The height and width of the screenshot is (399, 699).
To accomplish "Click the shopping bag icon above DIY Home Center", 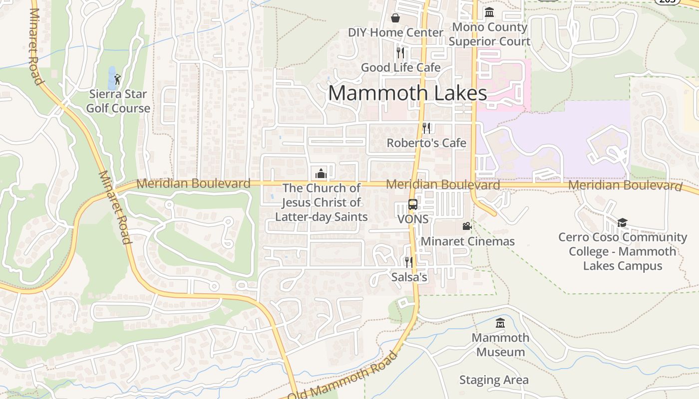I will pyautogui.click(x=395, y=18).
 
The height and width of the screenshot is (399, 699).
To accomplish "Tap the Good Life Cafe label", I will pyautogui.click(x=400, y=67).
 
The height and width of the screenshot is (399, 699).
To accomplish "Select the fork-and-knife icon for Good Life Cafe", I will pyautogui.click(x=400, y=52).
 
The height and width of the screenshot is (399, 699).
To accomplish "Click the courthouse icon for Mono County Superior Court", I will pyautogui.click(x=489, y=12).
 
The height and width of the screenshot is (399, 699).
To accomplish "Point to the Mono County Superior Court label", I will pyautogui.click(x=489, y=34).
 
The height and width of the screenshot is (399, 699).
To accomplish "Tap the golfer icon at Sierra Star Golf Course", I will pyautogui.click(x=117, y=79).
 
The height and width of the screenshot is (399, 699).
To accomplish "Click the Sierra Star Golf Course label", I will pyautogui.click(x=118, y=101).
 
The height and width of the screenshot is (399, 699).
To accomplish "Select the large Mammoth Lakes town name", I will pyautogui.click(x=407, y=93).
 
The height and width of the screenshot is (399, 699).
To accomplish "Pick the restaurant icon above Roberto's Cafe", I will pyautogui.click(x=426, y=128).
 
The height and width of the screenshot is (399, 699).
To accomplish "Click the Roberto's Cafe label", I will pyautogui.click(x=426, y=143).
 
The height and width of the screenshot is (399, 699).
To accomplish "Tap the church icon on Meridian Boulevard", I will pyautogui.click(x=321, y=174).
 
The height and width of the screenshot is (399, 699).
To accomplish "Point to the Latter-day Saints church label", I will pyautogui.click(x=322, y=202).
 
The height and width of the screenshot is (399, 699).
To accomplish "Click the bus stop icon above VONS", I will pyautogui.click(x=413, y=204).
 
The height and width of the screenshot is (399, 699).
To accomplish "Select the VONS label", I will pyautogui.click(x=413, y=219).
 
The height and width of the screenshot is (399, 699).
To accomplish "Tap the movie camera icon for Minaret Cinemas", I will pyautogui.click(x=467, y=226).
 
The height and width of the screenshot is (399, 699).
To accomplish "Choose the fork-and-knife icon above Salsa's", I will pyautogui.click(x=409, y=262).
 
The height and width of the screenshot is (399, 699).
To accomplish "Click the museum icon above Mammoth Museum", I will pyautogui.click(x=500, y=323).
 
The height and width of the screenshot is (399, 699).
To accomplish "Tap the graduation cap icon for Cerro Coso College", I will pyautogui.click(x=622, y=222).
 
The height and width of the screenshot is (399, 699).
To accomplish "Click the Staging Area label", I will pyautogui.click(x=493, y=380).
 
